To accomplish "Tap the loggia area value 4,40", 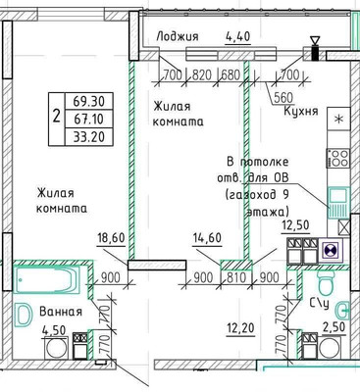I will pos(237,36).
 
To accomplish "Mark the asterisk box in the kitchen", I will pos(339,119).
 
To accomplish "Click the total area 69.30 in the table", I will pos(86,99).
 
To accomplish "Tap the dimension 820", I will pos(203,74).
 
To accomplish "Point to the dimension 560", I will pos(284,95).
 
